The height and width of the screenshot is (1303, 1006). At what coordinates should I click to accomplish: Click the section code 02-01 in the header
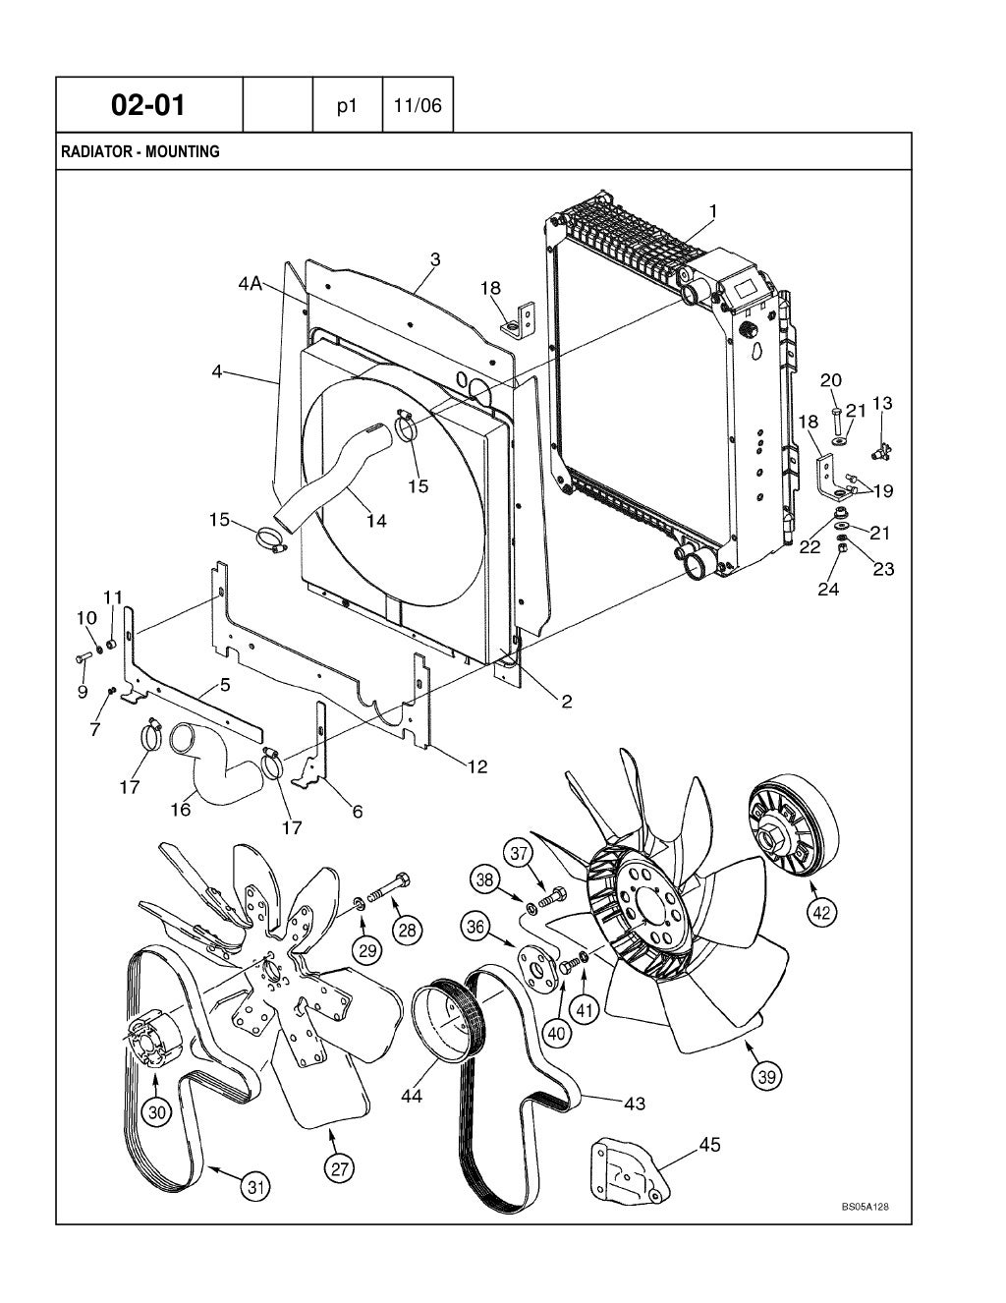pyautogui.click(x=148, y=104)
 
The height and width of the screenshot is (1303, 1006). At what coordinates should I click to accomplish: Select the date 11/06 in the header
pyautogui.click(x=418, y=105)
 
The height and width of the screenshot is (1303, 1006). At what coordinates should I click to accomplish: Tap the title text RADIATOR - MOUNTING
pyautogui.click(x=140, y=152)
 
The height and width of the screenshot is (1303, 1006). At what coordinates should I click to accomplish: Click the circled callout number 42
pyautogui.click(x=822, y=912)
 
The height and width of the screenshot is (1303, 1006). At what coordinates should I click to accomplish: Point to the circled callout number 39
pyautogui.click(x=766, y=1077)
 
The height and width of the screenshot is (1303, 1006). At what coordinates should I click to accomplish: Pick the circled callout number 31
pyautogui.click(x=256, y=1187)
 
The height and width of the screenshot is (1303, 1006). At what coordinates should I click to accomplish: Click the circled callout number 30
pyautogui.click(x=156, y=1111)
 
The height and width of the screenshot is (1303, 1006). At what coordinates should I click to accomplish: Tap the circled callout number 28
pyautogui.click(x=406, y=930)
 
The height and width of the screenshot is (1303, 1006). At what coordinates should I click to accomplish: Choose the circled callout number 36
pyautogui.click(x=476, y=926)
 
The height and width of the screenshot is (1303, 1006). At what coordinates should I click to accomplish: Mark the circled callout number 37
pyautogui.click(x=520, y=854)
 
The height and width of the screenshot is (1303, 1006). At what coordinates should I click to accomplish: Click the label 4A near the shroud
pyautogui.click(x=251, y=284)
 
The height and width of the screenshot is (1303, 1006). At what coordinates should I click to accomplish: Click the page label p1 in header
pyautogui.click(x=346, y=105)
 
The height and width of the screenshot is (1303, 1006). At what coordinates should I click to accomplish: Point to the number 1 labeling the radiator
pyautogui.click(x=712, y=210)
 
